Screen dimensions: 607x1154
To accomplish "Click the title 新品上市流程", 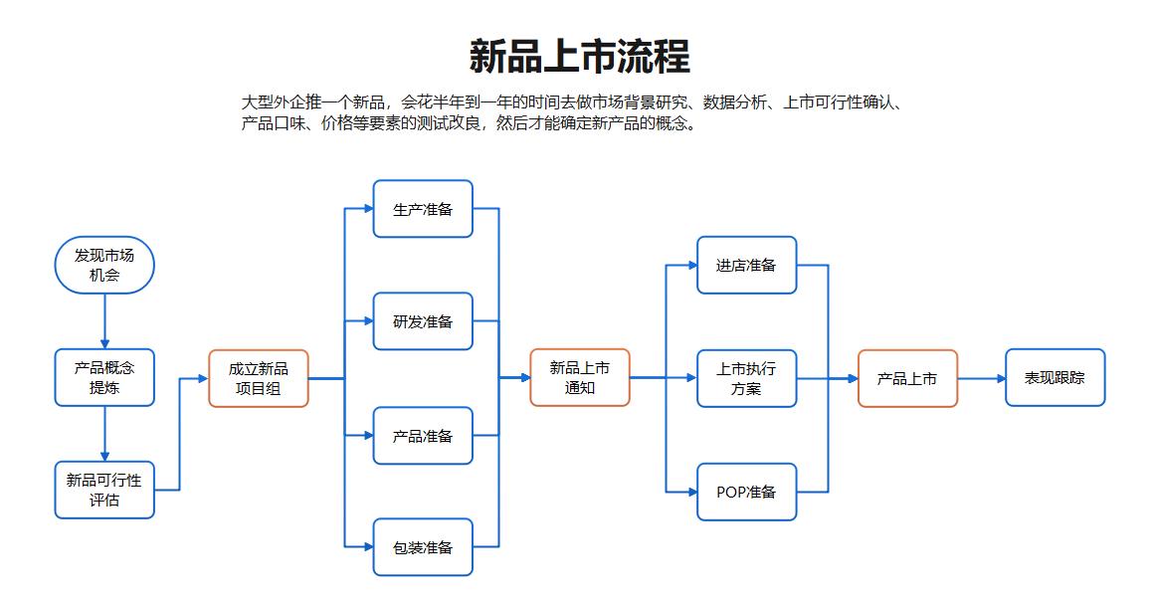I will (x=579, y=56).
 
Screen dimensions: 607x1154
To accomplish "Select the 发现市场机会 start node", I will (x=104, y=265).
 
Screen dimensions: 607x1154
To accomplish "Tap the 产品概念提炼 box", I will (x=104, y=377).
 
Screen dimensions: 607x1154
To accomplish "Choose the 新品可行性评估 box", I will (x=104, y=490).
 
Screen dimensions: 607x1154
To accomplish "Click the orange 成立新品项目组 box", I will (x=259, y=378).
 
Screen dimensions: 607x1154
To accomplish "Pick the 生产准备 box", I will (x=423, y=209).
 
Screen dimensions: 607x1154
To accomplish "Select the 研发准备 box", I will (x=423, y=321).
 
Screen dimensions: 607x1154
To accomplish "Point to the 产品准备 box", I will (x=423, y=436).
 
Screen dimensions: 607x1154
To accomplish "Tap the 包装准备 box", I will (x=423, y=547).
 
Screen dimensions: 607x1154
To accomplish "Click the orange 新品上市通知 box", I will (x=580, y=377).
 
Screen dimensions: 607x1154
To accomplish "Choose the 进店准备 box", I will (x=746, y=265).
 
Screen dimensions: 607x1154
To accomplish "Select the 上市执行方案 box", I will (x=746, y=378).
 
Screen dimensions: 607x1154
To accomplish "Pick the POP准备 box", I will (x=746, y=492).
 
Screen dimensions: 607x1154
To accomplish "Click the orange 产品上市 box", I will (x=907, y=378).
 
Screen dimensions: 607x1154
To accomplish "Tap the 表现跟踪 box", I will (x=1055, y=378).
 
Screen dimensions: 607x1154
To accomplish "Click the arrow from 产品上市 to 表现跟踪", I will (x=981, y=378).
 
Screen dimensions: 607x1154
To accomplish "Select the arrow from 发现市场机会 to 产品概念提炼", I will (x=104, y=320).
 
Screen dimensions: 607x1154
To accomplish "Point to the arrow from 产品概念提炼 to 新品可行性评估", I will (x=104, y=434).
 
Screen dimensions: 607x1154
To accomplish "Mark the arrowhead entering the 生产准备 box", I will (x=367, y=209).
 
